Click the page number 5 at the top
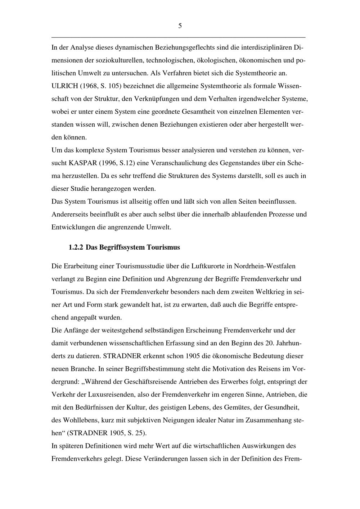coord(180,26)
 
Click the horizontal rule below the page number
coord(179,37)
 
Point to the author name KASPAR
coord(82,163)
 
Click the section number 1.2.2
coord(76,247)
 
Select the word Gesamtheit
coord(199,112)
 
